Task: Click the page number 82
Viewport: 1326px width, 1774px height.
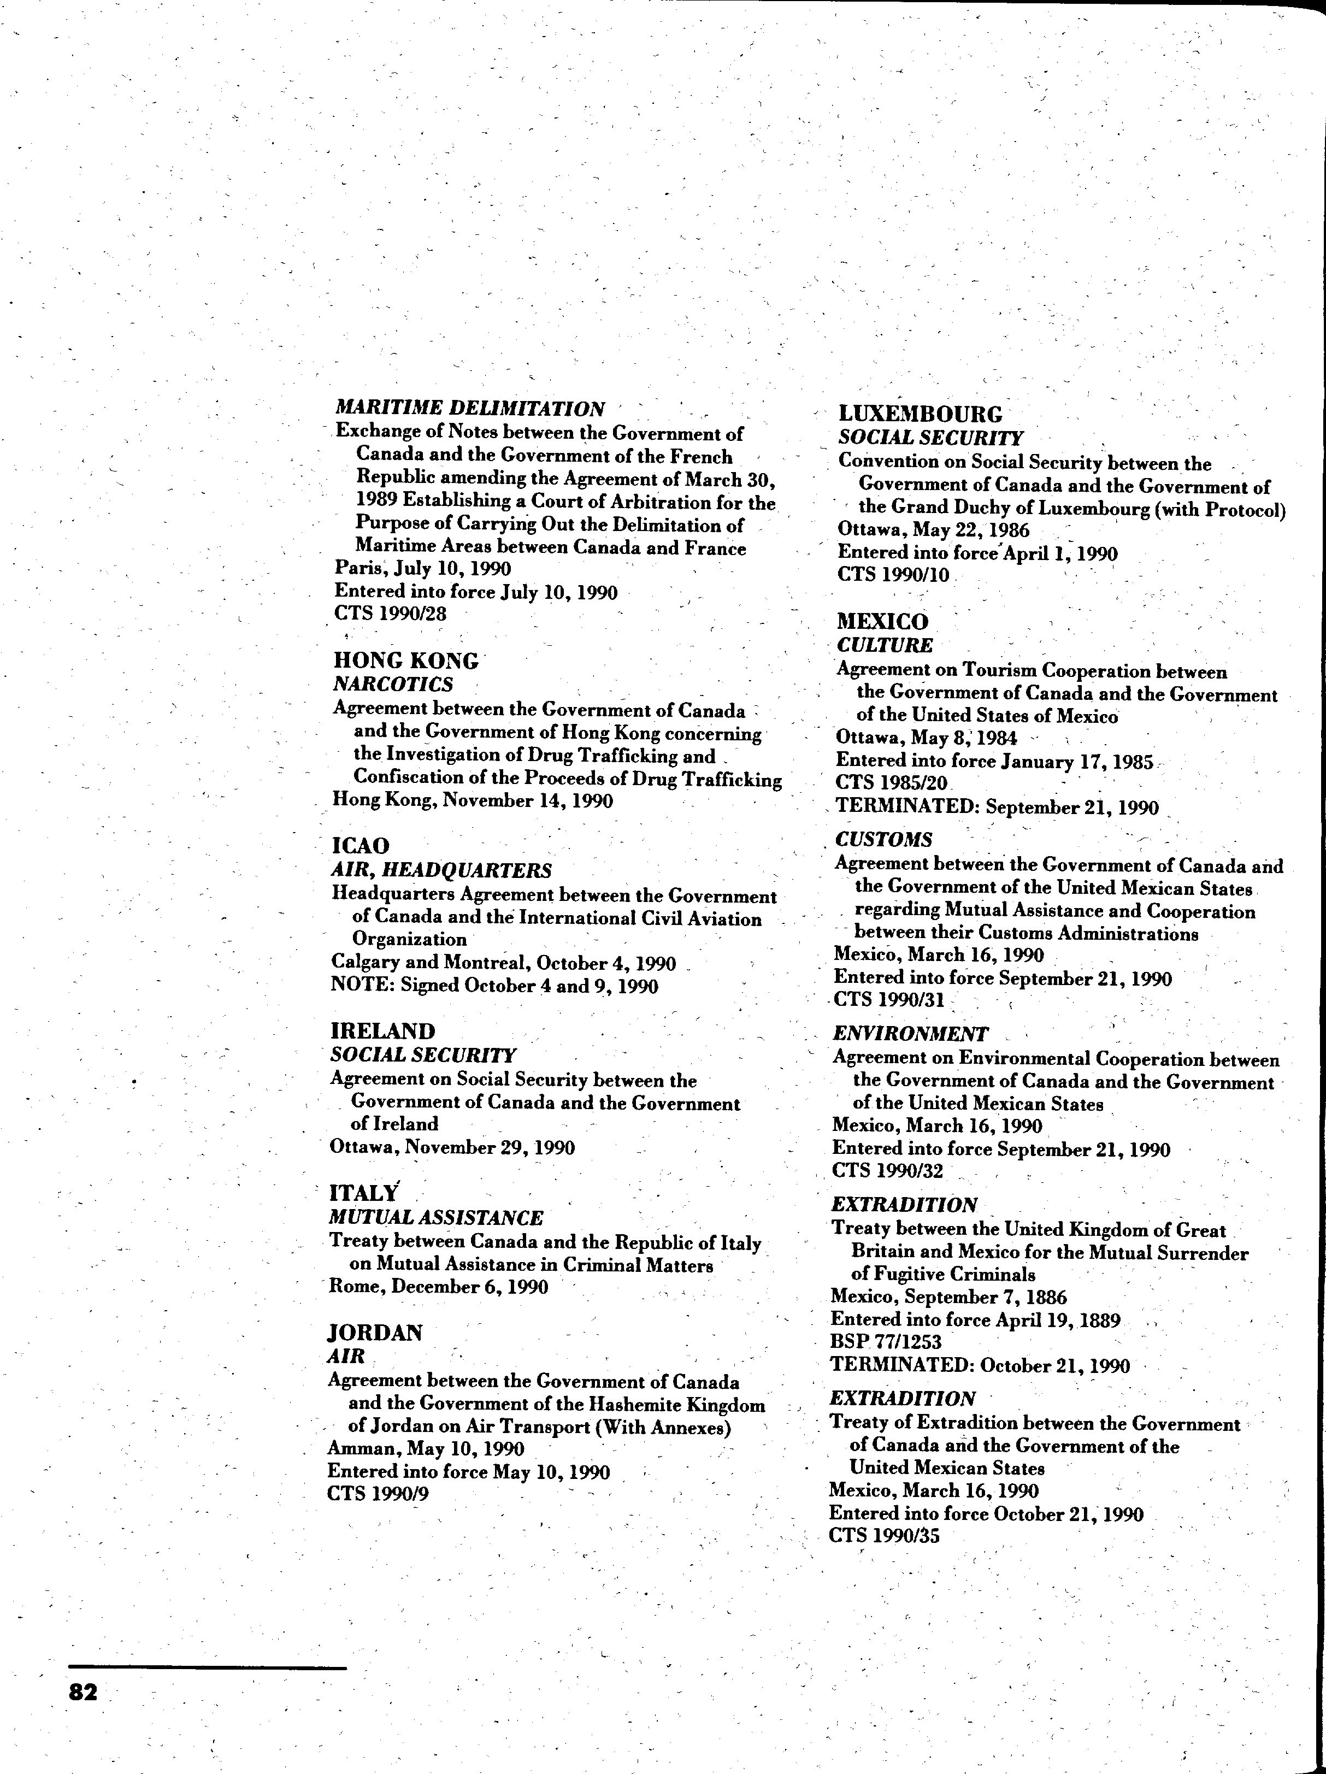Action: coord(84,1692)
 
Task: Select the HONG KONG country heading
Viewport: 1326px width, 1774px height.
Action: coord(405,661)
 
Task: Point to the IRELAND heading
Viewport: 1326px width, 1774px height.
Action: coord(382,1032)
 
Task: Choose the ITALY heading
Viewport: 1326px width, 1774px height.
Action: coord(363,1193)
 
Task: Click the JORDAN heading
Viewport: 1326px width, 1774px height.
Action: coord(375,1334)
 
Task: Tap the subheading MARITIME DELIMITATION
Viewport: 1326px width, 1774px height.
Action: coord(470,408)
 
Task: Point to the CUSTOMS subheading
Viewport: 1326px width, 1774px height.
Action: coord(884,840)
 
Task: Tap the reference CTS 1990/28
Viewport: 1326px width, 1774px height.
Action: coord(391,614)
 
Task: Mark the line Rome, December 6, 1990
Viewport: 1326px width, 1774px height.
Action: coord(439,1287)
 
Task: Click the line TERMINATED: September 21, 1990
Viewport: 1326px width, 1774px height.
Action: coord(997,807)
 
